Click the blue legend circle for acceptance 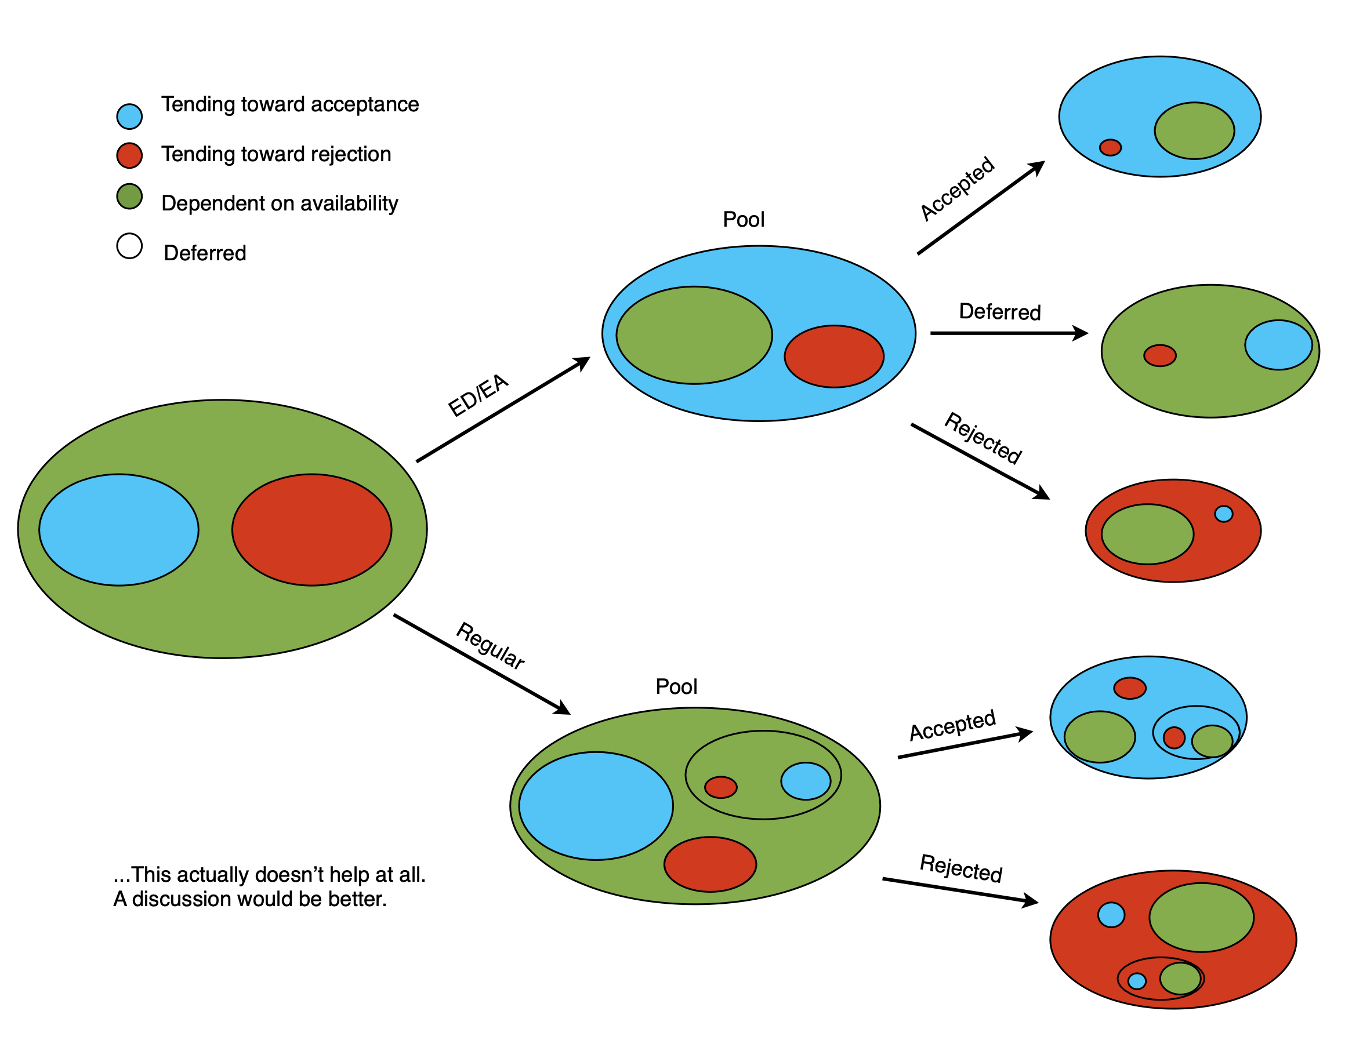tap(129, 117)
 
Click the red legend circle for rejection tap(129, 155)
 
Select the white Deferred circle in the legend tap(129, 246)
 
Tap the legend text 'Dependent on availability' tap(280, 203)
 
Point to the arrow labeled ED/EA tap(502, 410)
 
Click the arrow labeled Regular tap(481, 663)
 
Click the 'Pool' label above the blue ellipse tap(743, 219)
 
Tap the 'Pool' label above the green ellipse tap(676, 686)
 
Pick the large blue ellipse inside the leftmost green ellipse tap(118, 529)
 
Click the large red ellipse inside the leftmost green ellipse tap(311, 529)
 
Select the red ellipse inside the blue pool tap(833, 356)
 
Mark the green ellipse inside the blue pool tap(694, 335)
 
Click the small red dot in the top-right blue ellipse tap(1110, 147)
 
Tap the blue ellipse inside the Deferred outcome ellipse tap(1278, 345)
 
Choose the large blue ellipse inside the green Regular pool tap(595, 805)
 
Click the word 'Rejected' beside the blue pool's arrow tap(982, 438)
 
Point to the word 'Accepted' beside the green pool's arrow tap(952, 725)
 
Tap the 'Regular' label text tap(490, 646)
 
